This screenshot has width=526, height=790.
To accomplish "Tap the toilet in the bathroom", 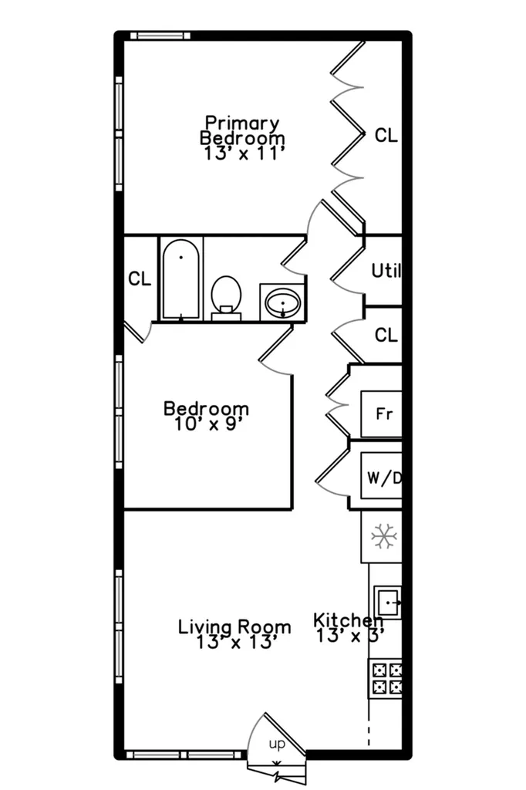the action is [x=226, y=298].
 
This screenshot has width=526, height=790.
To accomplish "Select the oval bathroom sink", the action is [x=282, y=302].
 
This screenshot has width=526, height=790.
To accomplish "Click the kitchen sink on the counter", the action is [x=387, y=602].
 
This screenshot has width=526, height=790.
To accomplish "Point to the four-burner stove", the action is [x=387, y=678].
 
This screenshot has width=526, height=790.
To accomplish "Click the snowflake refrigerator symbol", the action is [x=384, y=536].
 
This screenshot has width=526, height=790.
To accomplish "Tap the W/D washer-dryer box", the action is [x=382, y=476].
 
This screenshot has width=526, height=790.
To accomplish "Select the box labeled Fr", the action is [x=382, y=414].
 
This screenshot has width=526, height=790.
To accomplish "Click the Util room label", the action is [x=386, y=271].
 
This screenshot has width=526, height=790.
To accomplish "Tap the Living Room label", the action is [x=234, y=626].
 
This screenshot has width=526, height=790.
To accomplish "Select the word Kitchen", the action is [x=348, y=620].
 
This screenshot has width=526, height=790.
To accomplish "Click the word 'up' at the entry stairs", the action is [x=277, y=744].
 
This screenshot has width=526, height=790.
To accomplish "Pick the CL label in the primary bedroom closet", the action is [x=386, y=135].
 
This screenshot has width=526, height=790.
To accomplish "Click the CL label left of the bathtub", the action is [x=140, y=279].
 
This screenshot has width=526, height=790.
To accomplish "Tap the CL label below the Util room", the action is [x=386, y=335].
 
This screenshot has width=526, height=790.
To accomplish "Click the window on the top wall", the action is [x=160, y=35].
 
